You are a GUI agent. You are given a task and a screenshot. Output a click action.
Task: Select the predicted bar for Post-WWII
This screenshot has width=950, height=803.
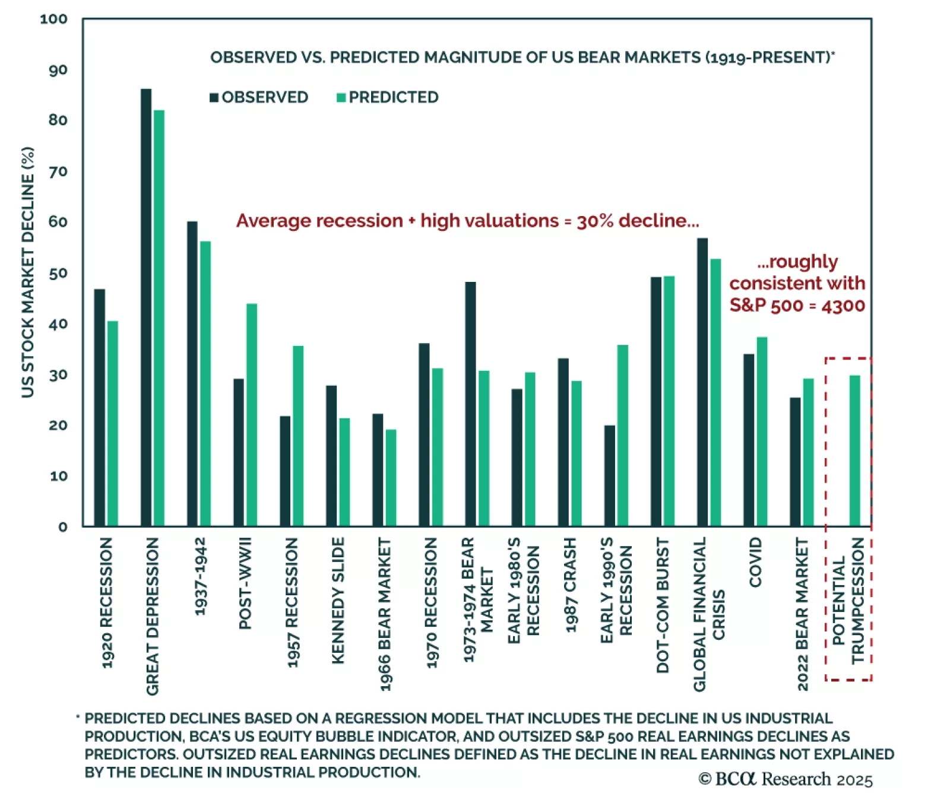click(x=252, y=415)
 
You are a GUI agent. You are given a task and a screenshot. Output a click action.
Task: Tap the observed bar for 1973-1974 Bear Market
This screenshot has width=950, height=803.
click(x=470, y=404)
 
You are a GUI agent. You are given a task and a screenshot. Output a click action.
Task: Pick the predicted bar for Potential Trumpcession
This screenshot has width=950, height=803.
click(x=854, y=450)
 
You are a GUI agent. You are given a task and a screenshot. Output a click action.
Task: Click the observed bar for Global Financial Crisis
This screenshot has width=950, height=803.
click(x=702, y=382)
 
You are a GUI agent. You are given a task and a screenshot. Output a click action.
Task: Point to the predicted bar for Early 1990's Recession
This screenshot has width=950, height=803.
click(x=622, y=436)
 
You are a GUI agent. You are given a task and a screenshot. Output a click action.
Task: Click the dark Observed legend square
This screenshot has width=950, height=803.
click(x=214, y=97)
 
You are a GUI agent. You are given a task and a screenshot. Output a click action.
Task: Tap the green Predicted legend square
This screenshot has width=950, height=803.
click(x=341, y=97)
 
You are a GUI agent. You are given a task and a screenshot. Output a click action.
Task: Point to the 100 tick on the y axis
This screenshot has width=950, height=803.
click(x=53, y=19)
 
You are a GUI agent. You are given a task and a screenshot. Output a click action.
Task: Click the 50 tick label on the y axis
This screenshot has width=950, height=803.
click(x=58, y=274)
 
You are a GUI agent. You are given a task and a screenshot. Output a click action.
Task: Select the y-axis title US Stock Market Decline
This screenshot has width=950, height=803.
click(x=28, y=272)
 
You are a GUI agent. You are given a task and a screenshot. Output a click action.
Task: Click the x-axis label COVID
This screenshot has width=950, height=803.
click(x=755, y=562)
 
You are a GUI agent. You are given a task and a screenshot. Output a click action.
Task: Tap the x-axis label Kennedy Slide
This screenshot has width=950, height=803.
click(x=338, y=601)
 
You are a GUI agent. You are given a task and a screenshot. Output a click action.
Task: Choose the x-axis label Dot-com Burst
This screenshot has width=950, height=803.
click(x=663, y=605)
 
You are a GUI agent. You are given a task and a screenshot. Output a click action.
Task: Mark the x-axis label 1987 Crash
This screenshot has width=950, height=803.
click(x=570, y=585)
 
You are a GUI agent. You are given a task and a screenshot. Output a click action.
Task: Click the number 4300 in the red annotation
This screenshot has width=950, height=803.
click(x=843, y=306)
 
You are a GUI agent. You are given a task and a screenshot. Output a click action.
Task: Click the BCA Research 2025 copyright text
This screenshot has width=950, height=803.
click(x=785, y=779)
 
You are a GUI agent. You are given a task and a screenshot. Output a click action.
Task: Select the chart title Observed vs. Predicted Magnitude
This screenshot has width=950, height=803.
click(x=522, y=58)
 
